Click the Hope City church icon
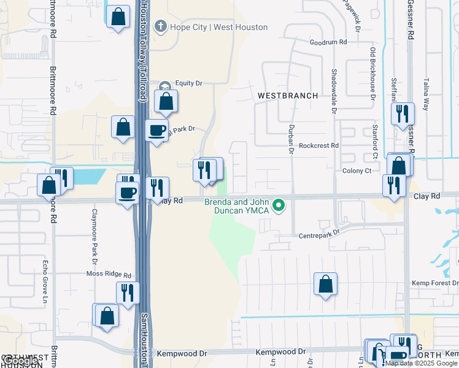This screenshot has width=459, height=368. (x=161, y=26)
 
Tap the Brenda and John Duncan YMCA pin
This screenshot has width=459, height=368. (x=279, y=205)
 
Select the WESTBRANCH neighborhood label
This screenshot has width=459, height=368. (x=288, y=96)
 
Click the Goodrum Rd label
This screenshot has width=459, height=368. (x=328, y=42)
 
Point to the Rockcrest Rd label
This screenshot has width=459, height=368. (x=318, y=146)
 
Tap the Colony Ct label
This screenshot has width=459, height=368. (x=357, y=171)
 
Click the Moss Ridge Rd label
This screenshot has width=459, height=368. (x=109, y=275)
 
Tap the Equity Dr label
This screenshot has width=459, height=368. (x=188, y=83)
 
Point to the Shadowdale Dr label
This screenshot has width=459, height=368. (x=334, y=90)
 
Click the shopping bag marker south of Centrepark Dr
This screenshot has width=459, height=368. (x=325, y=284)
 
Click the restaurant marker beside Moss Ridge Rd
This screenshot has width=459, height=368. (x=128, y=293)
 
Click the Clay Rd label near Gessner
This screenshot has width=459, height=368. (x=428, y=196)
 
